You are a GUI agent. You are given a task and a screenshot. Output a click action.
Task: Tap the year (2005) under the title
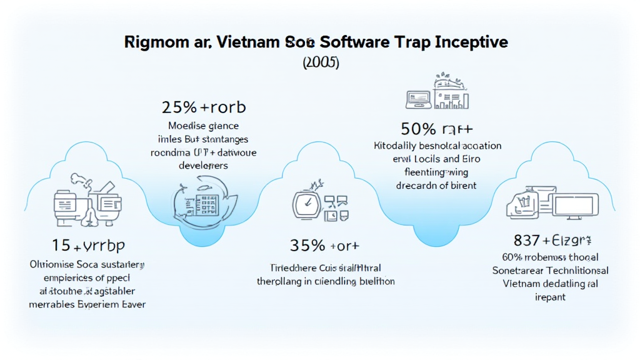click(320, 63)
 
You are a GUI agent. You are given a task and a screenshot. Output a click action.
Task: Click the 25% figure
click(179, 107)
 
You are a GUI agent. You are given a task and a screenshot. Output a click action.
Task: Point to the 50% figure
click(418, 130)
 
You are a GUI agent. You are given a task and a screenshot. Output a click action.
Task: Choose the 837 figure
click(527, 239)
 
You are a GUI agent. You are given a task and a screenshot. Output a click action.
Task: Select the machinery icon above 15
click(84, 201)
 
